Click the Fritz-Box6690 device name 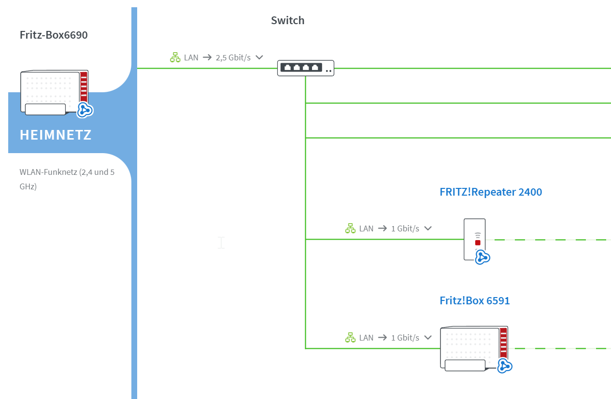54,35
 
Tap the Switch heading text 287,20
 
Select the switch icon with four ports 305,68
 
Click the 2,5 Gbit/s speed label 233,57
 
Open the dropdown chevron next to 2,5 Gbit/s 259,57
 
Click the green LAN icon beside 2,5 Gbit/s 175,57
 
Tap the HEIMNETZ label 56,135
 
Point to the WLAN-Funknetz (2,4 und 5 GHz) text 67,179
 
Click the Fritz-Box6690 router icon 55,92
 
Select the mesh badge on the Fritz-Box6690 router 85,110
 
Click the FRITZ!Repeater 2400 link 491,192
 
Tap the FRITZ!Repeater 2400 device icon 475,239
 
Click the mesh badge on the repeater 482,257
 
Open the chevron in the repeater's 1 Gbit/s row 428,228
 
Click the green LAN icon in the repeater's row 350,228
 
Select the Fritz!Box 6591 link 475,300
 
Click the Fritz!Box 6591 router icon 474,348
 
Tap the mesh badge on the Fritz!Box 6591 505,366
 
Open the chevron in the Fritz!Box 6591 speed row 428,338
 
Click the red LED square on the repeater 478,242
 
